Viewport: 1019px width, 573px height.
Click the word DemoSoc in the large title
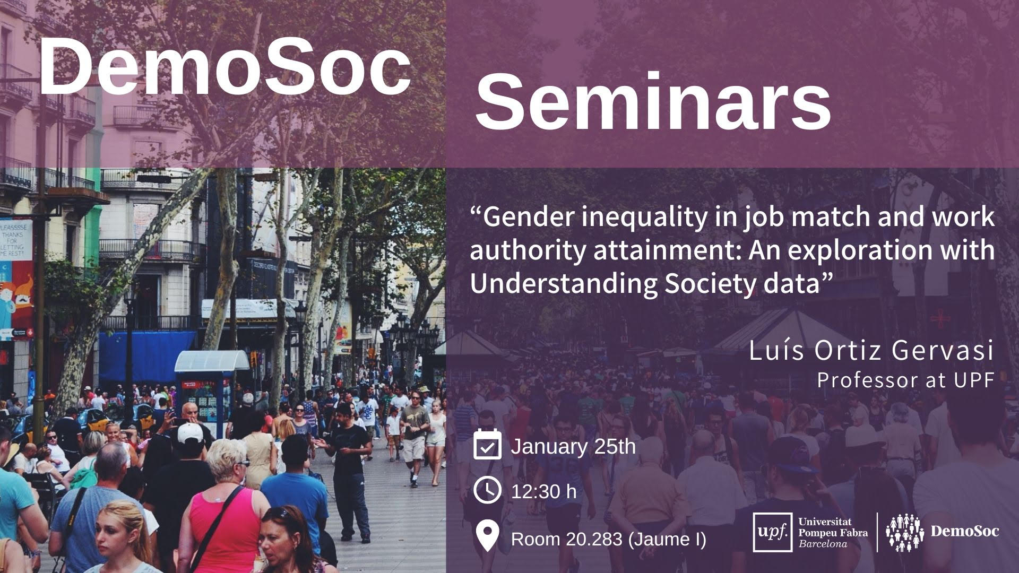pos(225,67)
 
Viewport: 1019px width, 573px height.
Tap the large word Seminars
pos(653,102)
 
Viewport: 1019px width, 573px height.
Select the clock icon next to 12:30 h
pos(487,490)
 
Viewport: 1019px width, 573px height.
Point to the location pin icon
pos(487,536)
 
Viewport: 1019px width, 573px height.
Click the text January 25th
pos(573,446)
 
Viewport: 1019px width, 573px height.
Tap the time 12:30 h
pos(543,491)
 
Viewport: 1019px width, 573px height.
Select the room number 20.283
pos(594,539)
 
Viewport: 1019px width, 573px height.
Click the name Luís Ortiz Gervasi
pos(871,351)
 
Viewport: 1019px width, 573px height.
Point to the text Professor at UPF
pos(905,380)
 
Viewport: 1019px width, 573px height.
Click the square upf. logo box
pos(773,532)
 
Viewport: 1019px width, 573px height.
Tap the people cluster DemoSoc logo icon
pos(905,532)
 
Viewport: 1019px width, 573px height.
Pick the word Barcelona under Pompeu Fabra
pos(823,544)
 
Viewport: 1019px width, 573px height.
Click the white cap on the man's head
pos(190,433)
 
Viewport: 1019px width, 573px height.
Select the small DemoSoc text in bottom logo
pos(965,531)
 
